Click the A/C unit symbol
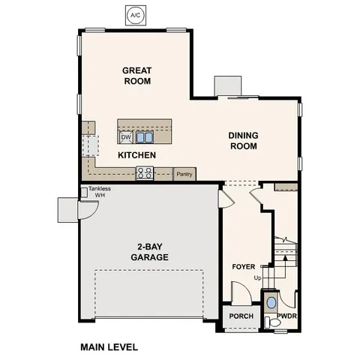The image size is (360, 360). tap(135, 14)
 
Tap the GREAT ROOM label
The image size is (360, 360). tap(137, 75)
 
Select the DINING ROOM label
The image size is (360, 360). tap(243, 140)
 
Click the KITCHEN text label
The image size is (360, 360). tap(136, 155)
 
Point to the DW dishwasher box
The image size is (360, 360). tap(126, 137)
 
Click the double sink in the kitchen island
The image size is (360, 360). tap(145, 137)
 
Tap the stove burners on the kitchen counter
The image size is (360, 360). tap(145, 173)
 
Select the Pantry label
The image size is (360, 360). tap(184, 174)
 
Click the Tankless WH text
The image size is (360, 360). tap(99, 192)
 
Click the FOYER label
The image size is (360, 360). tap(243, 266)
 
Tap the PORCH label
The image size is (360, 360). tap(241, 316)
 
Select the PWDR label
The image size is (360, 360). tap(287, 316)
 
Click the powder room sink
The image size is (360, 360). tap(271, 304)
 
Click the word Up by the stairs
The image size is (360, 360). tap(258, 277)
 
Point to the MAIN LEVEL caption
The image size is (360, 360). tap(109, 347)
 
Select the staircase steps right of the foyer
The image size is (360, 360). tap(285, 255)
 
